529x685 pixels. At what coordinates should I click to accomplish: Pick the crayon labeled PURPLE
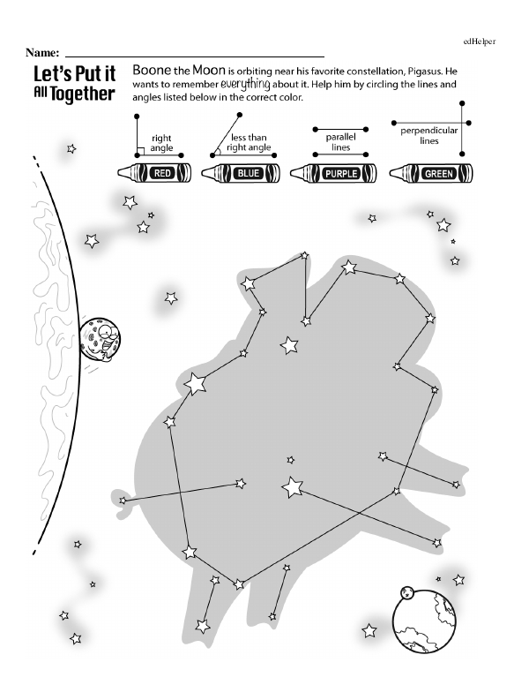point(333,173)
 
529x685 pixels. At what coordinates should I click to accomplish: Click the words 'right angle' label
point(161,143)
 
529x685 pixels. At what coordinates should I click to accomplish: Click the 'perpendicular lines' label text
point(429,135)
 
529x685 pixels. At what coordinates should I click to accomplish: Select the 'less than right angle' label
point(250,143)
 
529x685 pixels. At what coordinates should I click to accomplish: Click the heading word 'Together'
point(84,94)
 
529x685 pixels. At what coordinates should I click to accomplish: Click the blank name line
point(194,55)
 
